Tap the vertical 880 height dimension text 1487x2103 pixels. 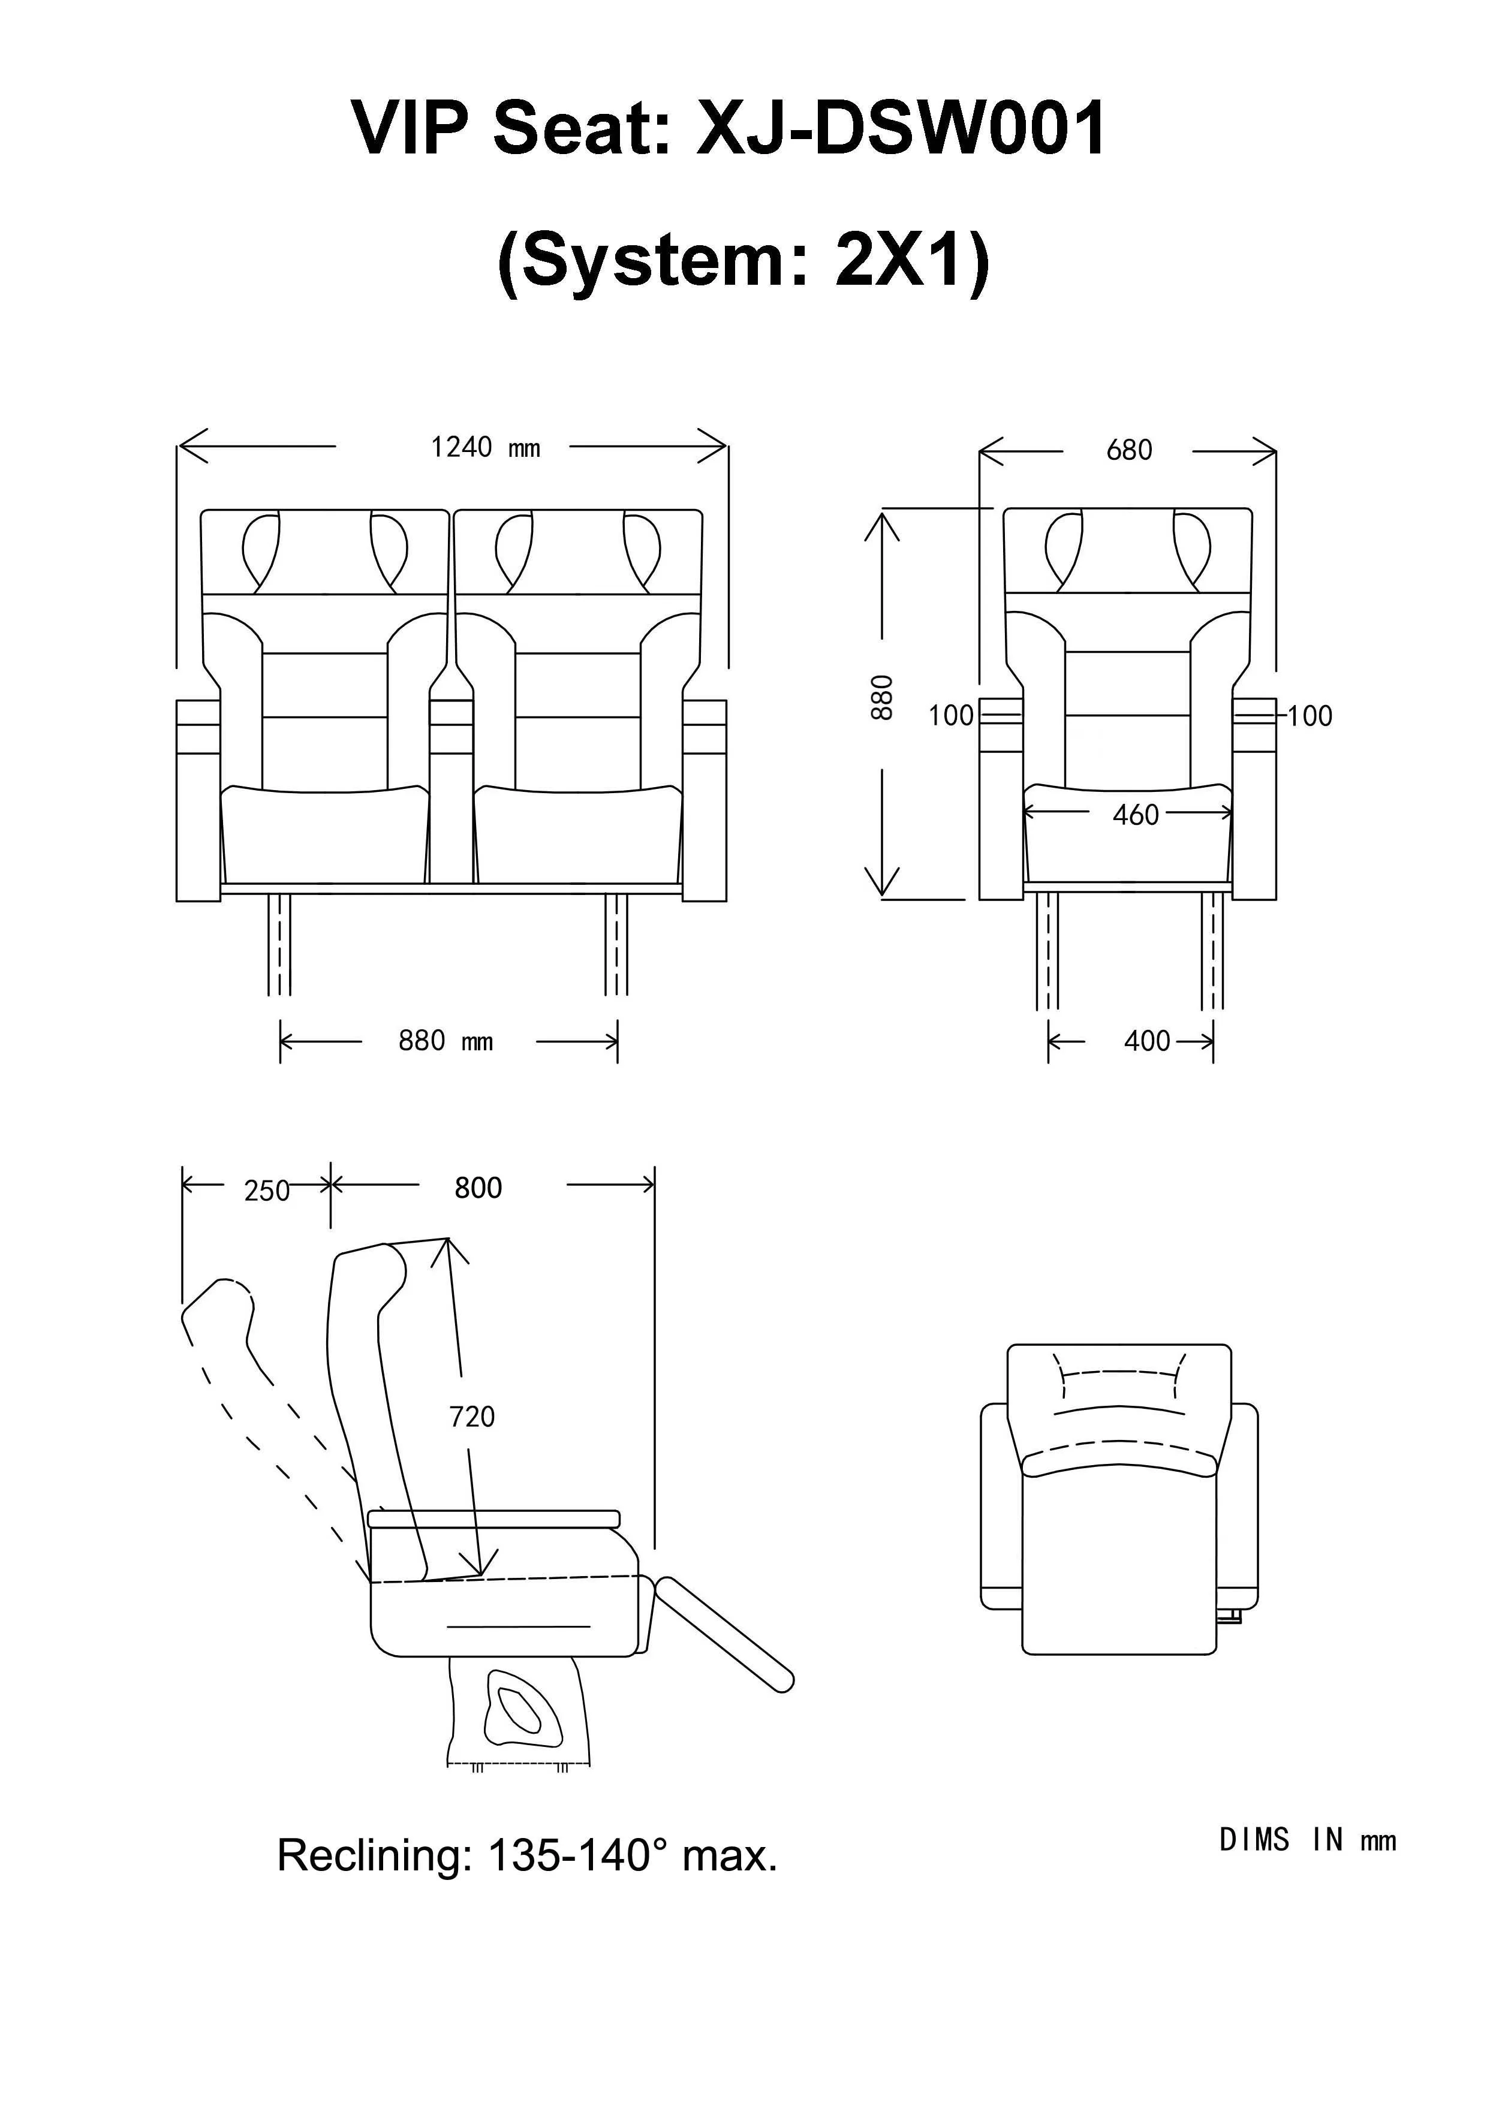881,698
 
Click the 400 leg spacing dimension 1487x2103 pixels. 1146,1041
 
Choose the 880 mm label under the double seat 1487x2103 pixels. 446,1041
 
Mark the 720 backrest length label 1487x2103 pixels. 472,1417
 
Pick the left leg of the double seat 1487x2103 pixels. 279,944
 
